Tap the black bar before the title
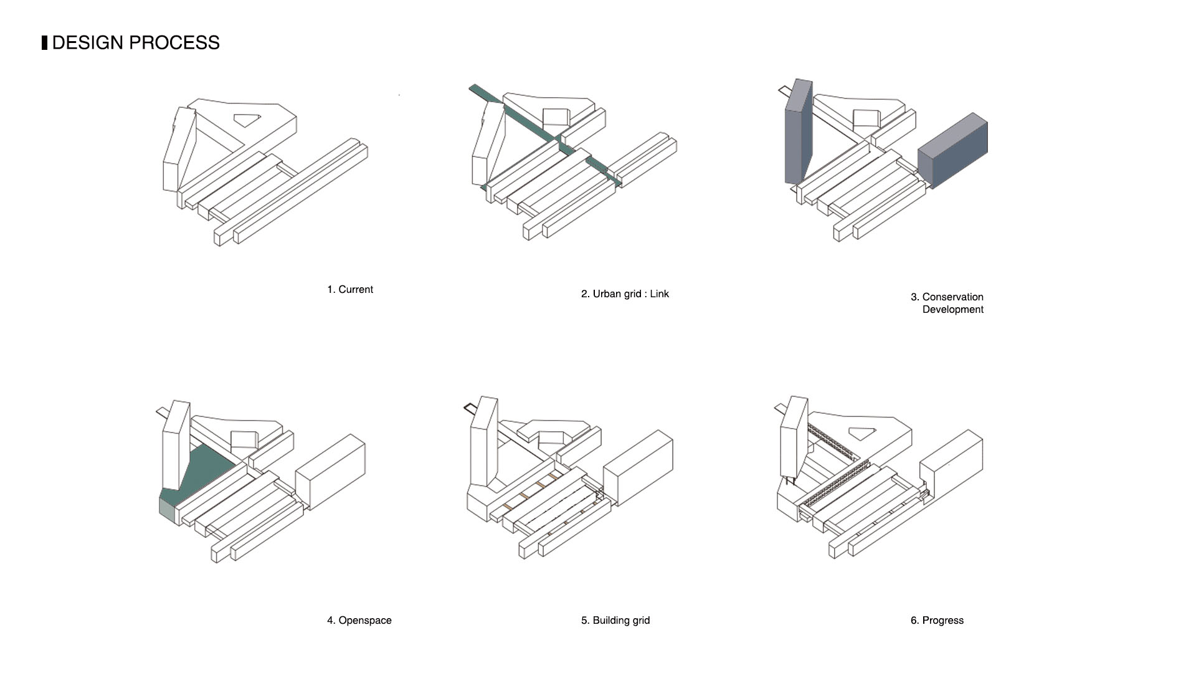(x=44, y=43)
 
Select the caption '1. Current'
(x=350, y=290)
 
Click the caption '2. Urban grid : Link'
(x=625, y=294)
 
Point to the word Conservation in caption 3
(x=952, y=297)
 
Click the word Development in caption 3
(x=952, y=310)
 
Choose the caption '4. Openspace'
(x=359, y=621)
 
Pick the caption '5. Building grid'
(x=615, y=621)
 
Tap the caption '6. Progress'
(x=937, y=621)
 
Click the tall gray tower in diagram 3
(x=798, y=134)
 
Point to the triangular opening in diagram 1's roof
(x=246, y=119)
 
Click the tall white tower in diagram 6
(x=793, y=439)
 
